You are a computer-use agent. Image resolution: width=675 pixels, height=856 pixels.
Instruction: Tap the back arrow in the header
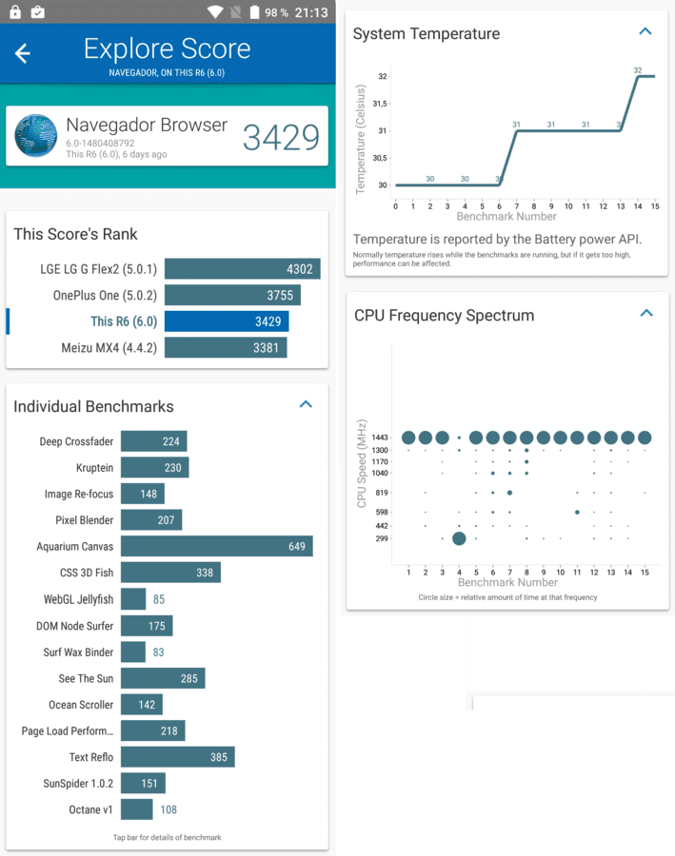pyautogui.click(x=23, y=53)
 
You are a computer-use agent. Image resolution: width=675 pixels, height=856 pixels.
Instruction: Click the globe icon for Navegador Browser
pyautogui.click(x=36, y=135)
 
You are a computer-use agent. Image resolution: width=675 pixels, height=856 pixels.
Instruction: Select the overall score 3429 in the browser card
pyautogui.click(x=281, y=137)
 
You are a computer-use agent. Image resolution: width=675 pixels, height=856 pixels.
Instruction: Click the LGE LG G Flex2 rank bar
pyautogui.click(x=242, y=268)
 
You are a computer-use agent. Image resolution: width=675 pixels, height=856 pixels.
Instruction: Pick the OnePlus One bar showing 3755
pyautogui.click(x=232, y=296)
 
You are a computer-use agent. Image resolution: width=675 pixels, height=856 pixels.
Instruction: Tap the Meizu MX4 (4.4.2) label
pyautogui.click(x=109, y=348)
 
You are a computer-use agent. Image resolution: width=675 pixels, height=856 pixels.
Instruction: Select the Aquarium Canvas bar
pyautogui.click(x=217, y=546)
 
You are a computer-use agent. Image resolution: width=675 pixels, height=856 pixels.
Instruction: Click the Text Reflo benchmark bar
pyautogui.click(x=178, y=757)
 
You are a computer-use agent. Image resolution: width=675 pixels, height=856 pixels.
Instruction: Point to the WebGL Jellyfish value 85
pyautogui.click(x=159, y=599)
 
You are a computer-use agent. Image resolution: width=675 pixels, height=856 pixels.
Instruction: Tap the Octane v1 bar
pyautogui.click(x=137, y=809)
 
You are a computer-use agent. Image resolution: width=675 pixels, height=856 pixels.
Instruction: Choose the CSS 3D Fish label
pyautogui.click(x=87, y=573)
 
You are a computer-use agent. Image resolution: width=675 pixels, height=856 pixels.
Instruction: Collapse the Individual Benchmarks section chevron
pyautogui.click(x=306, y=404)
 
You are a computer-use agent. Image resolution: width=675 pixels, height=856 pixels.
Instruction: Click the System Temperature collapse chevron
pyautogui.click(x=645, y=31)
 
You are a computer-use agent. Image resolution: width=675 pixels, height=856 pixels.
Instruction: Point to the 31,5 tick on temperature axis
pyautogui.click(x=379, y=104)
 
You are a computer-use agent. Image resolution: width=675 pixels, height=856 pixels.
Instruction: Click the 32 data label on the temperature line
pyautogui.click(x=638, y=69)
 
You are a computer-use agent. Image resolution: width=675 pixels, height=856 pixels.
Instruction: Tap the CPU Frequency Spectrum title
pyautogui.click(x=444, y=316)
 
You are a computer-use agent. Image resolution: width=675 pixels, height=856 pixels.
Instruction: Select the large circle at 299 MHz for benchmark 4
pyautogui.click(x=459, y=538)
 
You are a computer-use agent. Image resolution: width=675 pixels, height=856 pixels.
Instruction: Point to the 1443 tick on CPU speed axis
pyautogui.click(x=380, y=438)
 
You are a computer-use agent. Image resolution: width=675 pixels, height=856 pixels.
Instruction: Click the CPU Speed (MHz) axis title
pyautogui.click(x=361, y=463)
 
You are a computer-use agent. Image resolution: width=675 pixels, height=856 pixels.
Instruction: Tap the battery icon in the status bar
pyautogui.click(x=255, y=12)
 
